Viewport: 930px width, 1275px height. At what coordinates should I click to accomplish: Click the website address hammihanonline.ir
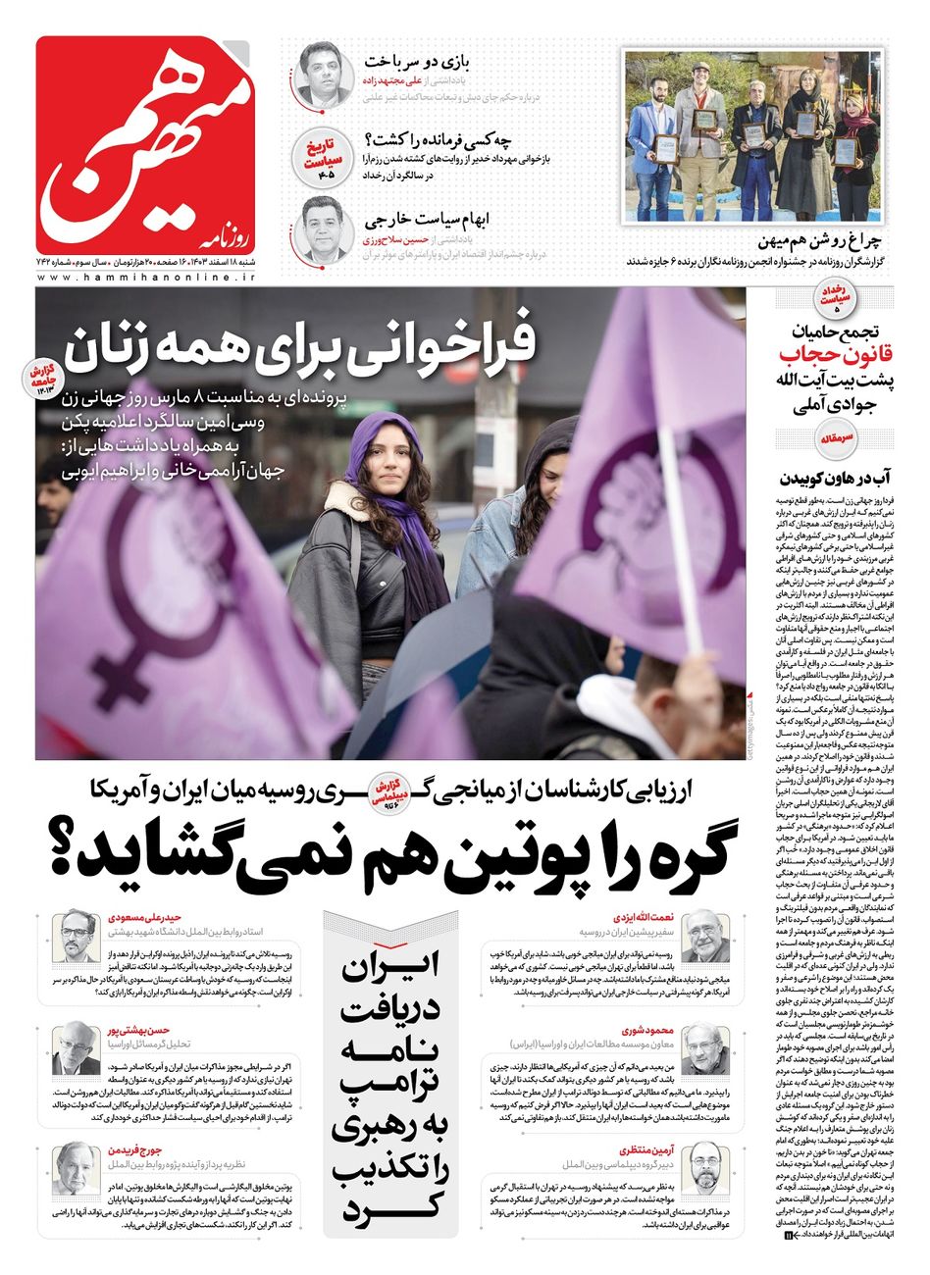tap(146, 279)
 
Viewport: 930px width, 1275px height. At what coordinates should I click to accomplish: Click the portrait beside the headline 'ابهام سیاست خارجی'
tap(325, 228)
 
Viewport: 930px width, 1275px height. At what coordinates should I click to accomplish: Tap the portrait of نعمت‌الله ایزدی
tap(705, 938)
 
